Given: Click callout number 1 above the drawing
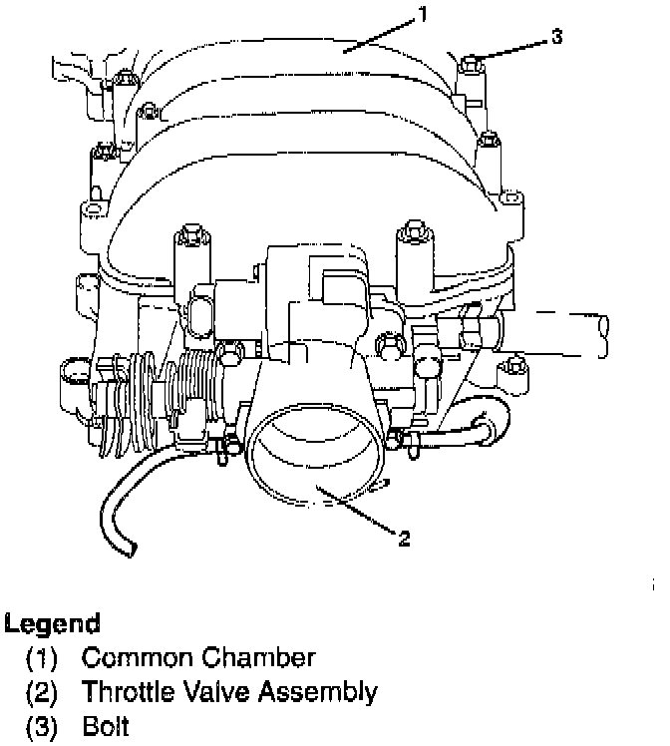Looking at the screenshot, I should pos(423,14).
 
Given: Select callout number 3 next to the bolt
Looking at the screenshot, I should pos(556,37).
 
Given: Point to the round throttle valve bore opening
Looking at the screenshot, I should pos(313,450).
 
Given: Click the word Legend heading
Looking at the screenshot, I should pos(53,624).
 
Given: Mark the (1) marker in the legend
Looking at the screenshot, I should pos(42,658).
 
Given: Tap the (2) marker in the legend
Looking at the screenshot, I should pos(42,692).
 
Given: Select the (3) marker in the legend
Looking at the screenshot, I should pos(42,725).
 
